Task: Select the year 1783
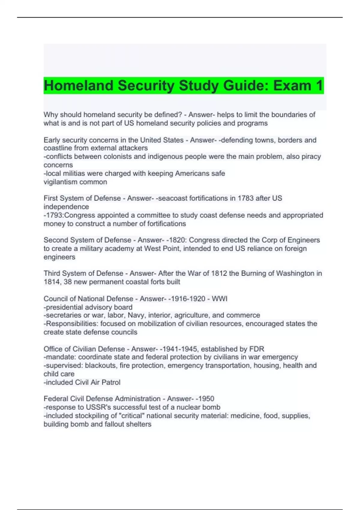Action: (245, 198)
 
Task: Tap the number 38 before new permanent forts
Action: (67, 282)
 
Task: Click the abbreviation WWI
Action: (220, 299)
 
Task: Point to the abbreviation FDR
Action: (256, 349)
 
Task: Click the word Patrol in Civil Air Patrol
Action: (111, 382)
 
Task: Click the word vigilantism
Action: (60, 182)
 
